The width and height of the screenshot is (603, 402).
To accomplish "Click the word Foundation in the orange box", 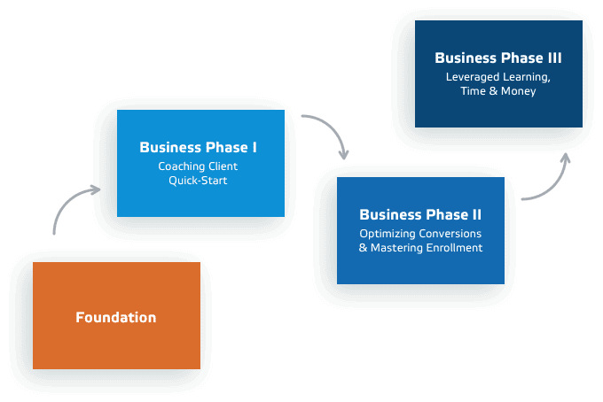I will pos(116,317).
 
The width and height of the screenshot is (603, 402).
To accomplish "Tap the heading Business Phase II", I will pos(420,214).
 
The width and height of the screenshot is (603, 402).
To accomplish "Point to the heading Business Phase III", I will pos(497,58).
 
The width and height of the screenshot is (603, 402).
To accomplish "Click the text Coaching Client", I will pos(199,166).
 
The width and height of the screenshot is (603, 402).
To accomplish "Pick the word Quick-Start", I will pos(199,181).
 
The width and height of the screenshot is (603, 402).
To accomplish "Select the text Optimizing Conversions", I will pos(420,233).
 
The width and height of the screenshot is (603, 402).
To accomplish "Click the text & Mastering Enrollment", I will pos(420,248).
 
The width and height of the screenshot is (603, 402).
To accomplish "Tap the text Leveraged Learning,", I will pos(497,76).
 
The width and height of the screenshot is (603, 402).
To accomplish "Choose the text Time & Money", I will pos(497,91).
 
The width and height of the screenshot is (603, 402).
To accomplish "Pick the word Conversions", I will pos(451,233).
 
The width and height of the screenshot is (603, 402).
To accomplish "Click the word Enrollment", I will pos(454,248).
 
